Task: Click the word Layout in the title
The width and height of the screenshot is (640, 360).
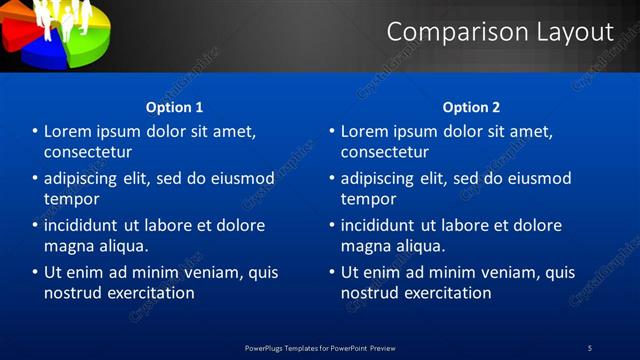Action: [568, 32]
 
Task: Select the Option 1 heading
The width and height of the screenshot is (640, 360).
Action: [174, 107]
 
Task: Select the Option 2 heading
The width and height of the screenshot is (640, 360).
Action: [471, 107]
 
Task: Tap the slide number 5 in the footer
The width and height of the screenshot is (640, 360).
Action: [589, 348]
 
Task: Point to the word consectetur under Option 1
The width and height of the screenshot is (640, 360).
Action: [88, 152]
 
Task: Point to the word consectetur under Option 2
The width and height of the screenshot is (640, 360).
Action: [385, 152]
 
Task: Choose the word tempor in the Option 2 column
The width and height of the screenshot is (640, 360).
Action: [368, 199]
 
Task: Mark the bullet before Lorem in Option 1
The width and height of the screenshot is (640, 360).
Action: [35, 132]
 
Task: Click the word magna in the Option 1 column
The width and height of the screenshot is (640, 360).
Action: [68, 246]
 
